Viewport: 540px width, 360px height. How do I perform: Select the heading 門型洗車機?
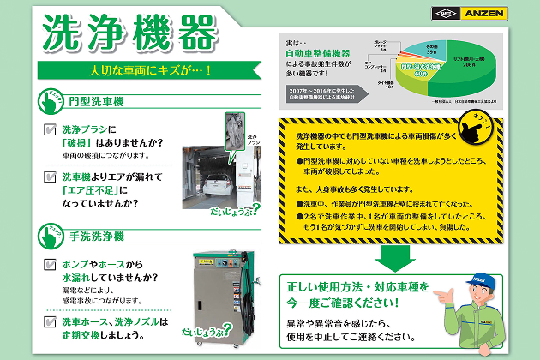(96, 102)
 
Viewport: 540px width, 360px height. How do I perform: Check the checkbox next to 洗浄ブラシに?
(50, 129)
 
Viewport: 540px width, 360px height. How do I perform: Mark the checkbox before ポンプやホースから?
(50, 265)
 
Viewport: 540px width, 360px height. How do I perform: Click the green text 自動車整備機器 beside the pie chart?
(316, 54)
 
